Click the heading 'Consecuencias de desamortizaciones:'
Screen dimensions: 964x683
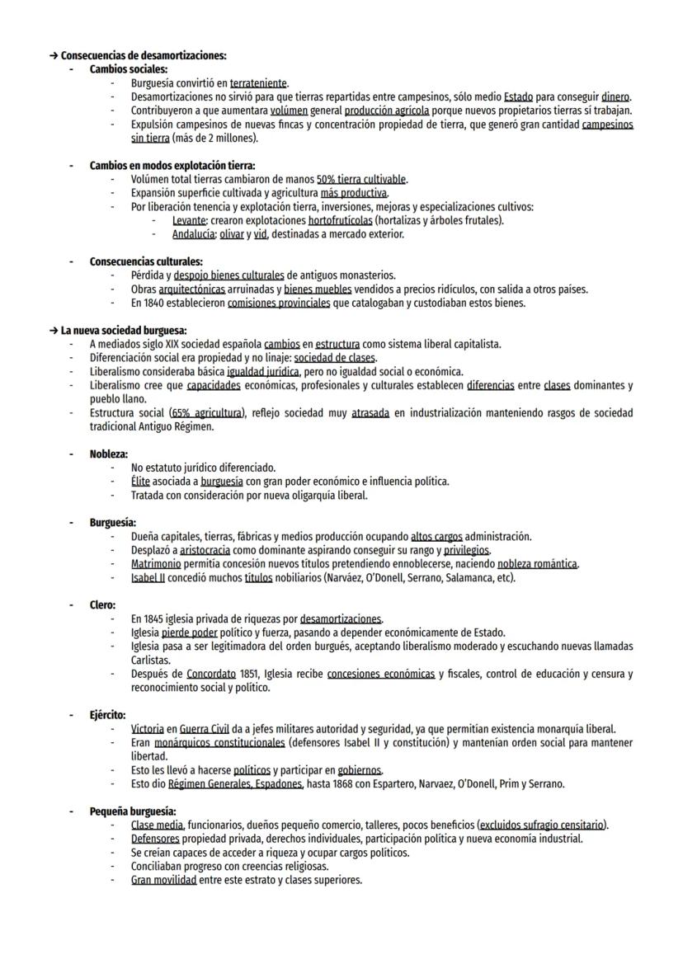tap(144, 56)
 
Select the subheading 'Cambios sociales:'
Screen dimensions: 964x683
tap(129, 69)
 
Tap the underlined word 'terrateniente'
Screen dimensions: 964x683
tap(258, 83)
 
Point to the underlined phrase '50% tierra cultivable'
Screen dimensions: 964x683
tap(361, 179)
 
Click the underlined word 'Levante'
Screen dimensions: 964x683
tap(189, 220)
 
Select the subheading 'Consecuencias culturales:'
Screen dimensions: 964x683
tap(146, 261)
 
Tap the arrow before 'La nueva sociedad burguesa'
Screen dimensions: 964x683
tap(54, 331)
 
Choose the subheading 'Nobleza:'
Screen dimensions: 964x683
tap(109, 454)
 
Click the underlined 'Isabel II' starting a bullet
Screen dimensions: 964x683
tap(148, 577)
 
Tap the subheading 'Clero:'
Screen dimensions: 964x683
tap(102, 605)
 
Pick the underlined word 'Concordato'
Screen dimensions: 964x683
tap(211, 674)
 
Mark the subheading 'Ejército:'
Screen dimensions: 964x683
tap(108, 715)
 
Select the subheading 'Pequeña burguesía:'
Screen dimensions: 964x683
tap(133, 811)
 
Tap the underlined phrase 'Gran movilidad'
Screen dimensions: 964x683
tap(163, 880)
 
